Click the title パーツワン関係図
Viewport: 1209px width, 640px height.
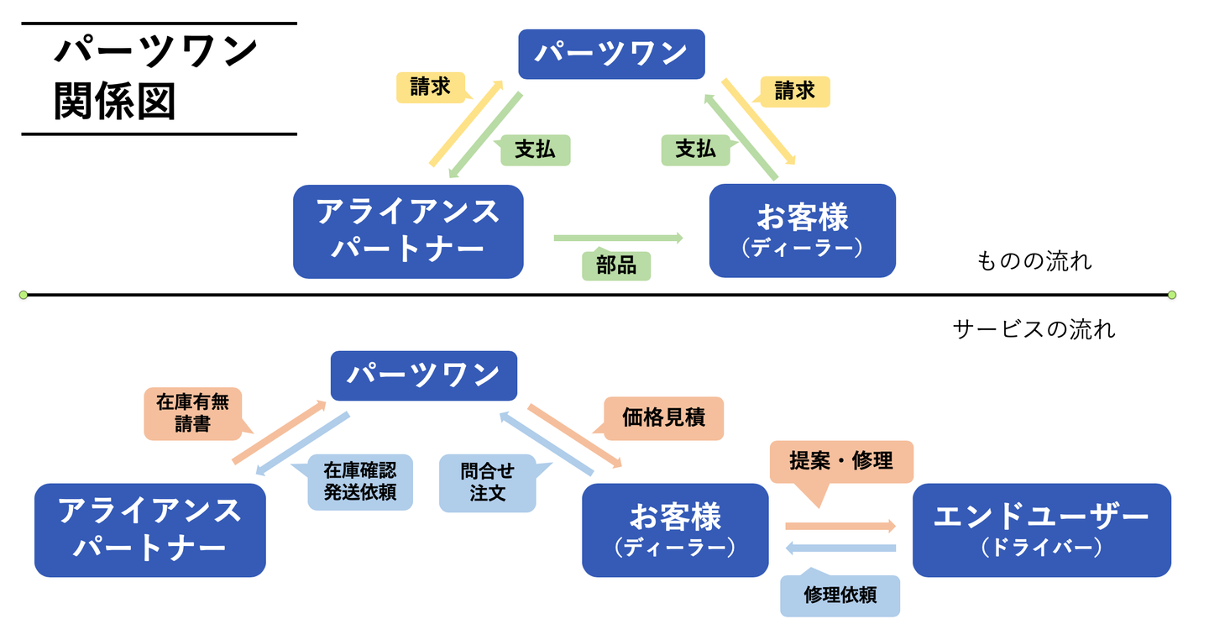tap(156, 78)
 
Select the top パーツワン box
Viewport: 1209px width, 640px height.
tap(611, 54)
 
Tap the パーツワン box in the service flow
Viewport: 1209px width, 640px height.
tap(423, 375)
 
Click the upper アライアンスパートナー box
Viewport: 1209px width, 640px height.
tap(408, 231)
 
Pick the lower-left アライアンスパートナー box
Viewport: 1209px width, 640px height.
tap(149, 529)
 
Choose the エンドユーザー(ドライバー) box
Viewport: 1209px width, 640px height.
tap(1041, 529)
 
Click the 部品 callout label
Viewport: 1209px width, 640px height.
tap(616, 266)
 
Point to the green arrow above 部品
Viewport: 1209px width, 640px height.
tap(618, 239)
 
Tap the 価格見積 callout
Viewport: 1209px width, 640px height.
tap(663, 417)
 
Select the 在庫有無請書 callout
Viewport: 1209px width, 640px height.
tap(192, 414)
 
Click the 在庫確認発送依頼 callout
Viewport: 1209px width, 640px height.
tap(359, 481)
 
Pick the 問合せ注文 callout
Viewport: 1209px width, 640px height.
tap(487, 481)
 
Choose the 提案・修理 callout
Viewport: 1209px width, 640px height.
tap(840, 461)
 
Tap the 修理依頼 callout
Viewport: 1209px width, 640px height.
tap(840, 595)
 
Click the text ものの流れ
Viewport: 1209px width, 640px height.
tap(1034, 261)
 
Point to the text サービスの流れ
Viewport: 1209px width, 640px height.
tap(1034, 329)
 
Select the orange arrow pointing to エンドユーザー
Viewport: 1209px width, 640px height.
tap(840, 527)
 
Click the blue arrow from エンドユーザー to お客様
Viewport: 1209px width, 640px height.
tap(840, 548)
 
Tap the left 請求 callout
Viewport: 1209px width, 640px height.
tap(431, 87)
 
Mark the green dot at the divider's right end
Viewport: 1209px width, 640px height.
tap(1172, 295)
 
